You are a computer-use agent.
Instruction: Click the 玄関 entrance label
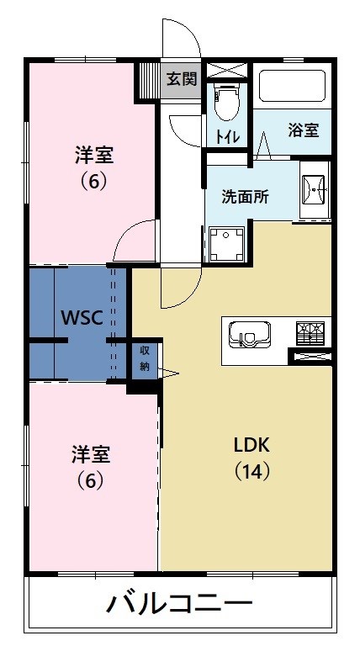(182, 79)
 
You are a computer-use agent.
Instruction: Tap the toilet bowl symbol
(226, 101)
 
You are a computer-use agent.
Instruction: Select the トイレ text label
(227, 136)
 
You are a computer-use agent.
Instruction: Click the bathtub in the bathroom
(292, 86)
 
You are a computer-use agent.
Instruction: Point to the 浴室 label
(303, 130)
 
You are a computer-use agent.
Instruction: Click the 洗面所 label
(246, 197)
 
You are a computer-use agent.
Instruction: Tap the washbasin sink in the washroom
(314, 190)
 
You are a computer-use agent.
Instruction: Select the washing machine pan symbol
(226, 245)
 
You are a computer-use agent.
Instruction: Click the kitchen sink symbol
(249, 335)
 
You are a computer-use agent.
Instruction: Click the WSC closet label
(82, 317)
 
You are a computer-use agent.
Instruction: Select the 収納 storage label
(145, 358)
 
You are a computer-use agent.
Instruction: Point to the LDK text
(251, 445)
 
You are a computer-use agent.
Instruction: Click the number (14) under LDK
(252, 472)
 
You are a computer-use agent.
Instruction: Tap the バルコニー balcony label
(179, 603)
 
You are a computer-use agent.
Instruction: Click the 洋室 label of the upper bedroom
(93, 155)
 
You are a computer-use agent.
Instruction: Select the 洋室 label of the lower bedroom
(91, 454)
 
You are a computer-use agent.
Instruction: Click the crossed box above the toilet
(226, 70)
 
